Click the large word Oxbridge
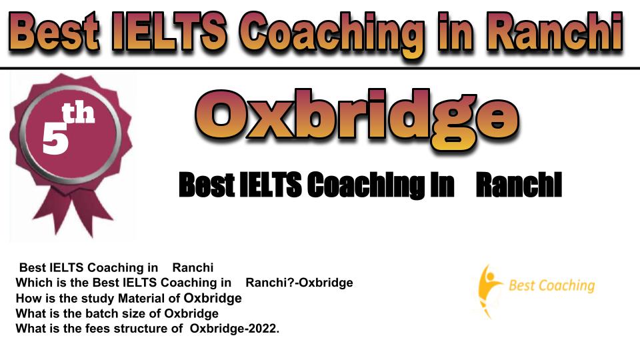357,119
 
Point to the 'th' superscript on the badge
79,113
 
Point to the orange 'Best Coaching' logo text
552,285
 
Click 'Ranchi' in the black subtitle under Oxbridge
519,185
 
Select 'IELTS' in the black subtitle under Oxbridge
270,185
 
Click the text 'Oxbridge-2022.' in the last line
235,329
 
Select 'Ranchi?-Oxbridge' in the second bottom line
299,283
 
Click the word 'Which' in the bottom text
31,283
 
